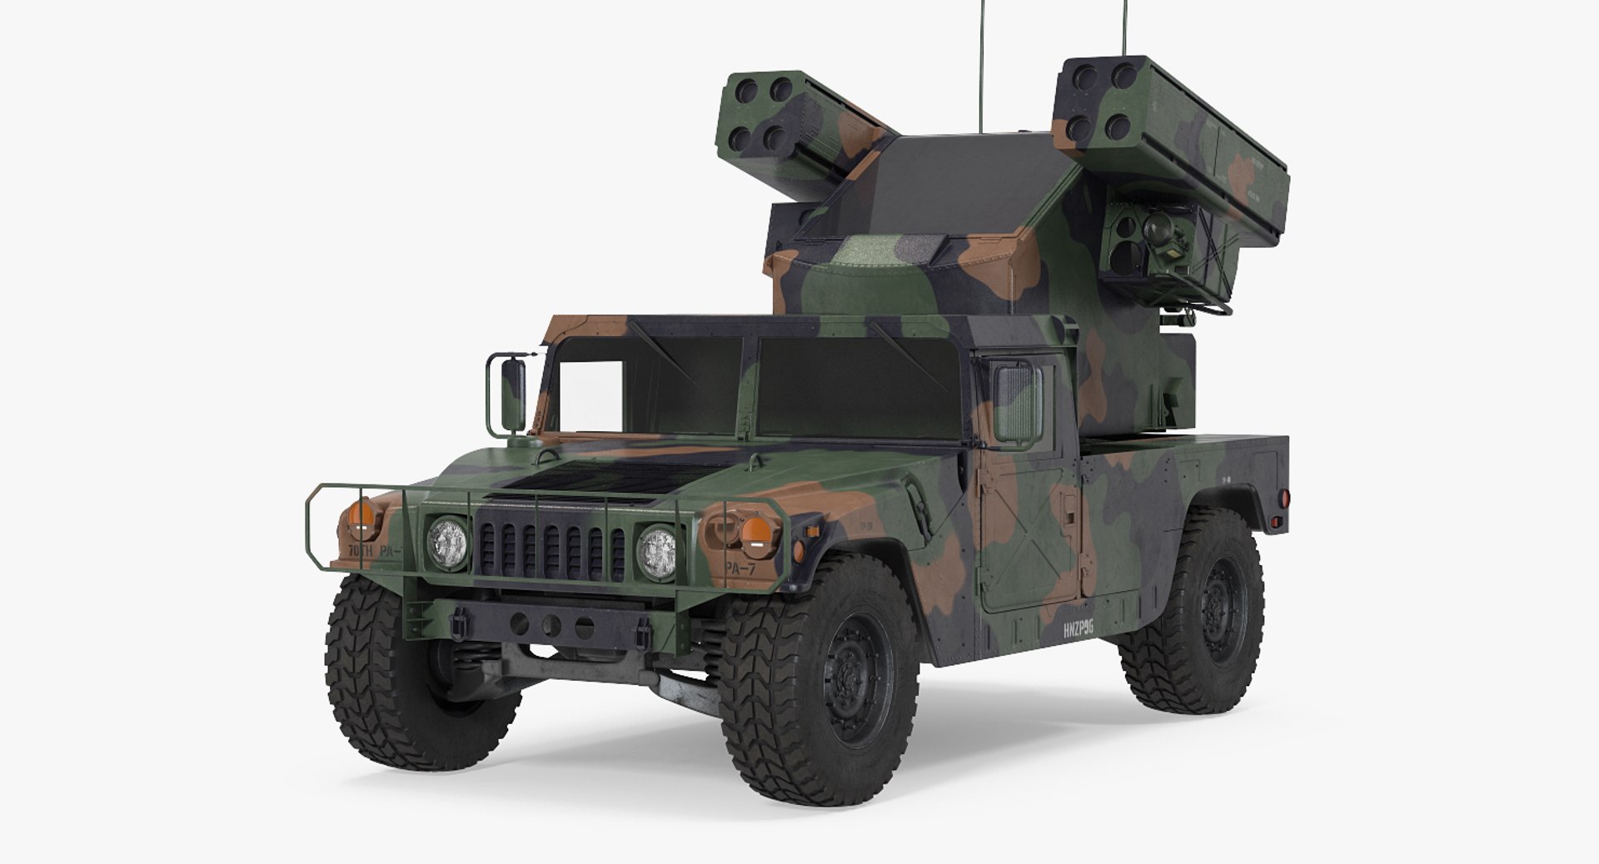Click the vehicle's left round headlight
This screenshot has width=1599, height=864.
tap(447, 541)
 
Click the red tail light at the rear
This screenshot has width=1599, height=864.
tap(1283, 499)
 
